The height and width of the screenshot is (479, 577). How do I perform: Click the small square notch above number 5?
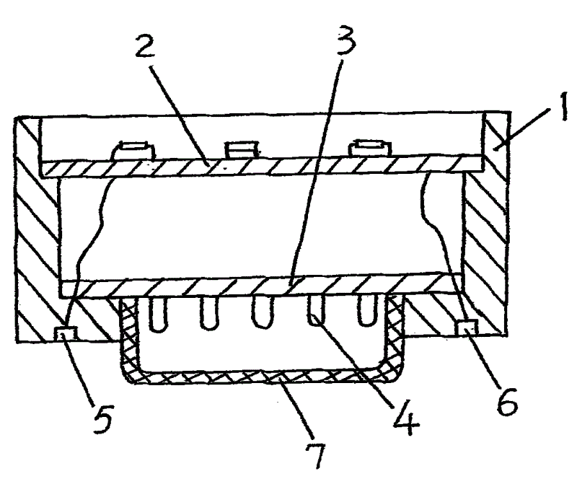(x=66, y=333)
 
